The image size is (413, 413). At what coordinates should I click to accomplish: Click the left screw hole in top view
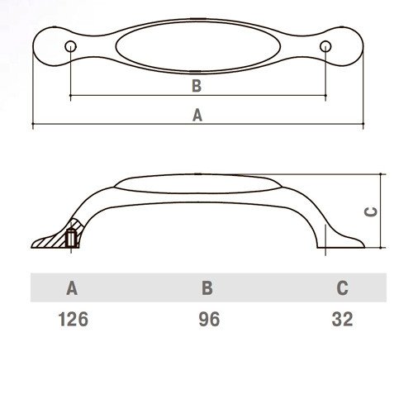pyautogui.click(x=71, y=46)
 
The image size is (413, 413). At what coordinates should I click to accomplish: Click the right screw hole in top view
pyautogui.click(x=325, y=46)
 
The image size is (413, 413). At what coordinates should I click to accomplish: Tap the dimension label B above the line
pyautogui.click(x=197, y=86)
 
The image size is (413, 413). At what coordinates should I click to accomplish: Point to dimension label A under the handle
pyautogui.click(x=197, y=115)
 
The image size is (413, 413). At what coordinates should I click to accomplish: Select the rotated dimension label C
pyautogui.click(x=371, y=211)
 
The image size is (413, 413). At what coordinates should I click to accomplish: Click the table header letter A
pyautogui.click(x=72, y=288)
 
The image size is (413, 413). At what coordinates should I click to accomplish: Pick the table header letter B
pyautogui.click(x=207, y=288)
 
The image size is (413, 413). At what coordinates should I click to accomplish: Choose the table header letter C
pyautogui.click(x=342, y=288)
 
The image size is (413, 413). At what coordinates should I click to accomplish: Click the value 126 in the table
pyautogui.click(x=74, y=319)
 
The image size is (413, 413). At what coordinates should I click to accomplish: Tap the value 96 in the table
pyautogui.click(x=209, y=319)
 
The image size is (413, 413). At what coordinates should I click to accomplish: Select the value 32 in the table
pyautogui.click(x=342, y=319)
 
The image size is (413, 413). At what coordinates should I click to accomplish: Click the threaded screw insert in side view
pyautogui.click(x=71, y=239)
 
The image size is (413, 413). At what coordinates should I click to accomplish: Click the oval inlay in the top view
pyautogui.click(x=198, y=46)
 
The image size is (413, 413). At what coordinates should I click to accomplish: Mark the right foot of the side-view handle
pyautogui.click(x=341, y=241)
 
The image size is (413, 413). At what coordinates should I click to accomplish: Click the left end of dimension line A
pyautogui.click(x=33, y=124)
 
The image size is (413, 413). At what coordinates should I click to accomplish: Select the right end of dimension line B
pyautogui.click(x=325, y=96)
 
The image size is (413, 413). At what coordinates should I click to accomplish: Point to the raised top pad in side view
pyautogui.click(x=197, y=183)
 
